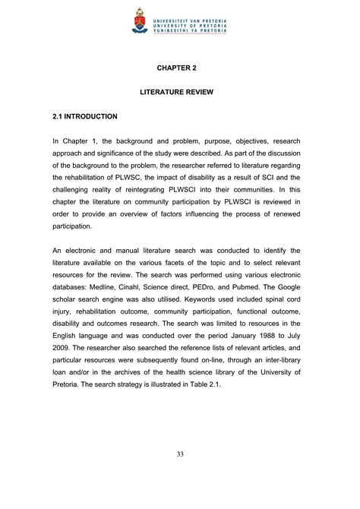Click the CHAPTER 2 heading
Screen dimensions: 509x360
pos(179,68)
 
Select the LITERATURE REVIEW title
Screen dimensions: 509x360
pos(179,92)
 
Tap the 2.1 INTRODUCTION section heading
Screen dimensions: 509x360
pos(84,116)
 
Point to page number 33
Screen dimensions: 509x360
pos(179,475)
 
